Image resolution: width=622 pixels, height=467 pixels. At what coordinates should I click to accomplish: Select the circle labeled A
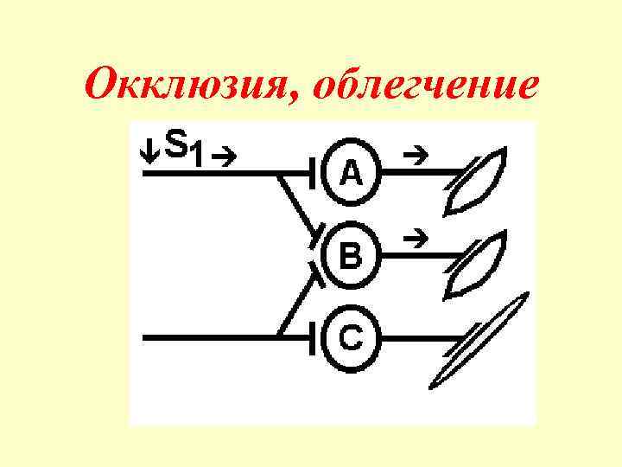(350, 174)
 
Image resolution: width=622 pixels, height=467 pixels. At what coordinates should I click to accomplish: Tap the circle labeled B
(350, 255)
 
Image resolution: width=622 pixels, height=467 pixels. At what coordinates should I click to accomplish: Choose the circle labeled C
(350, 337)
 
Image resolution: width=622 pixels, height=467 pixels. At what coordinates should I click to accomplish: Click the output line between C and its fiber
(415, 337)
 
